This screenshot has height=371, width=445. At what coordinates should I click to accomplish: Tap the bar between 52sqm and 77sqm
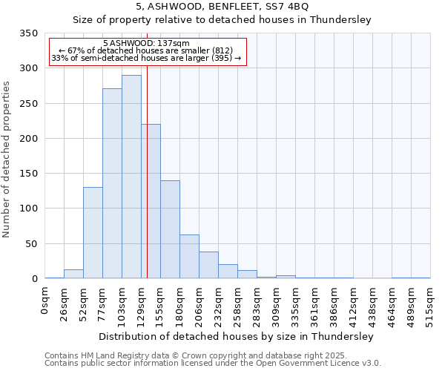coord(93,233)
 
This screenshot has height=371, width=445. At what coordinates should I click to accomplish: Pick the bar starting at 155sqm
coord(170,229)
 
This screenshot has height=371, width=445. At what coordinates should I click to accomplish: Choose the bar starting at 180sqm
coord(189,257)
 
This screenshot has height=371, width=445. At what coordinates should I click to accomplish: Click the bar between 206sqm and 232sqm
coord(208,265)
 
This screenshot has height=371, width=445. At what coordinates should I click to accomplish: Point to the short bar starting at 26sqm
coord(73,274)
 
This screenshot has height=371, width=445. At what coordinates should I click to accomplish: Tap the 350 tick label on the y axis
coord(28,33)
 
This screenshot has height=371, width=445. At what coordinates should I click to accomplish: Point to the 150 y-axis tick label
coord(28,174)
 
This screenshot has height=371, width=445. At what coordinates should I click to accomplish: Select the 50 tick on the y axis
coord(30,243)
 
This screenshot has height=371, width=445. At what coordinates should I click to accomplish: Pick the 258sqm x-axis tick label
coord(238,305)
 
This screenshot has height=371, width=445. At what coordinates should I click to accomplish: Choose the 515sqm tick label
coord(431,305)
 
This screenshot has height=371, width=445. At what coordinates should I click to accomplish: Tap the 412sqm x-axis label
coord(354,305)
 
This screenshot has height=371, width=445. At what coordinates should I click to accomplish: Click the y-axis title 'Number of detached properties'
coord(7,160)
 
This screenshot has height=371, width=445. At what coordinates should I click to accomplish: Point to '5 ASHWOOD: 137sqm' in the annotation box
coord(147,44)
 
